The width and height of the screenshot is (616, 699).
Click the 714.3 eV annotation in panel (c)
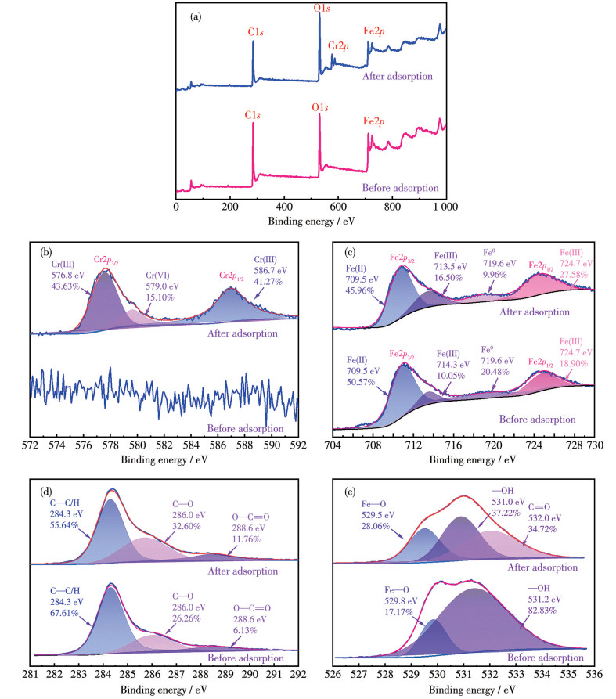point(451,364)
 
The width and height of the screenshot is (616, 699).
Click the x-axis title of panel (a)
point(311,221)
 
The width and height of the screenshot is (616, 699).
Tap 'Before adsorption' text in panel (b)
point(244,427)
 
